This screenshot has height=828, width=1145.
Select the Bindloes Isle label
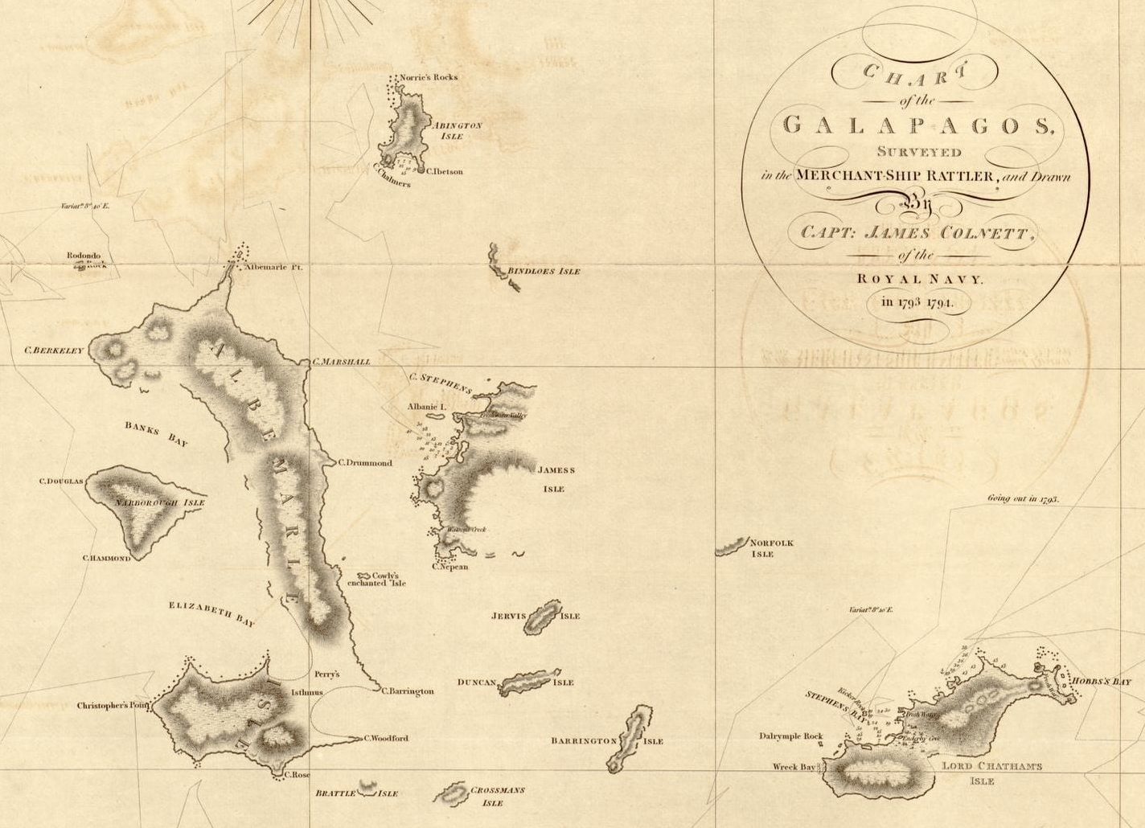tap(544, 272)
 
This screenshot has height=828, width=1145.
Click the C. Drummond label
tap(365, 463)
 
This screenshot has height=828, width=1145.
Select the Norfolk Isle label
tap(771, 548)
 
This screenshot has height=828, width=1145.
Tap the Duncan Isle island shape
tap(530, 682)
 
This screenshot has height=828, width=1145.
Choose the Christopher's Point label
tap(113, 706)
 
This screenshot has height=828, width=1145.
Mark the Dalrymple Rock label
tap(791, 736)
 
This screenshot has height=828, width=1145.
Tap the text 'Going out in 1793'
tap(1023, 499)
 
